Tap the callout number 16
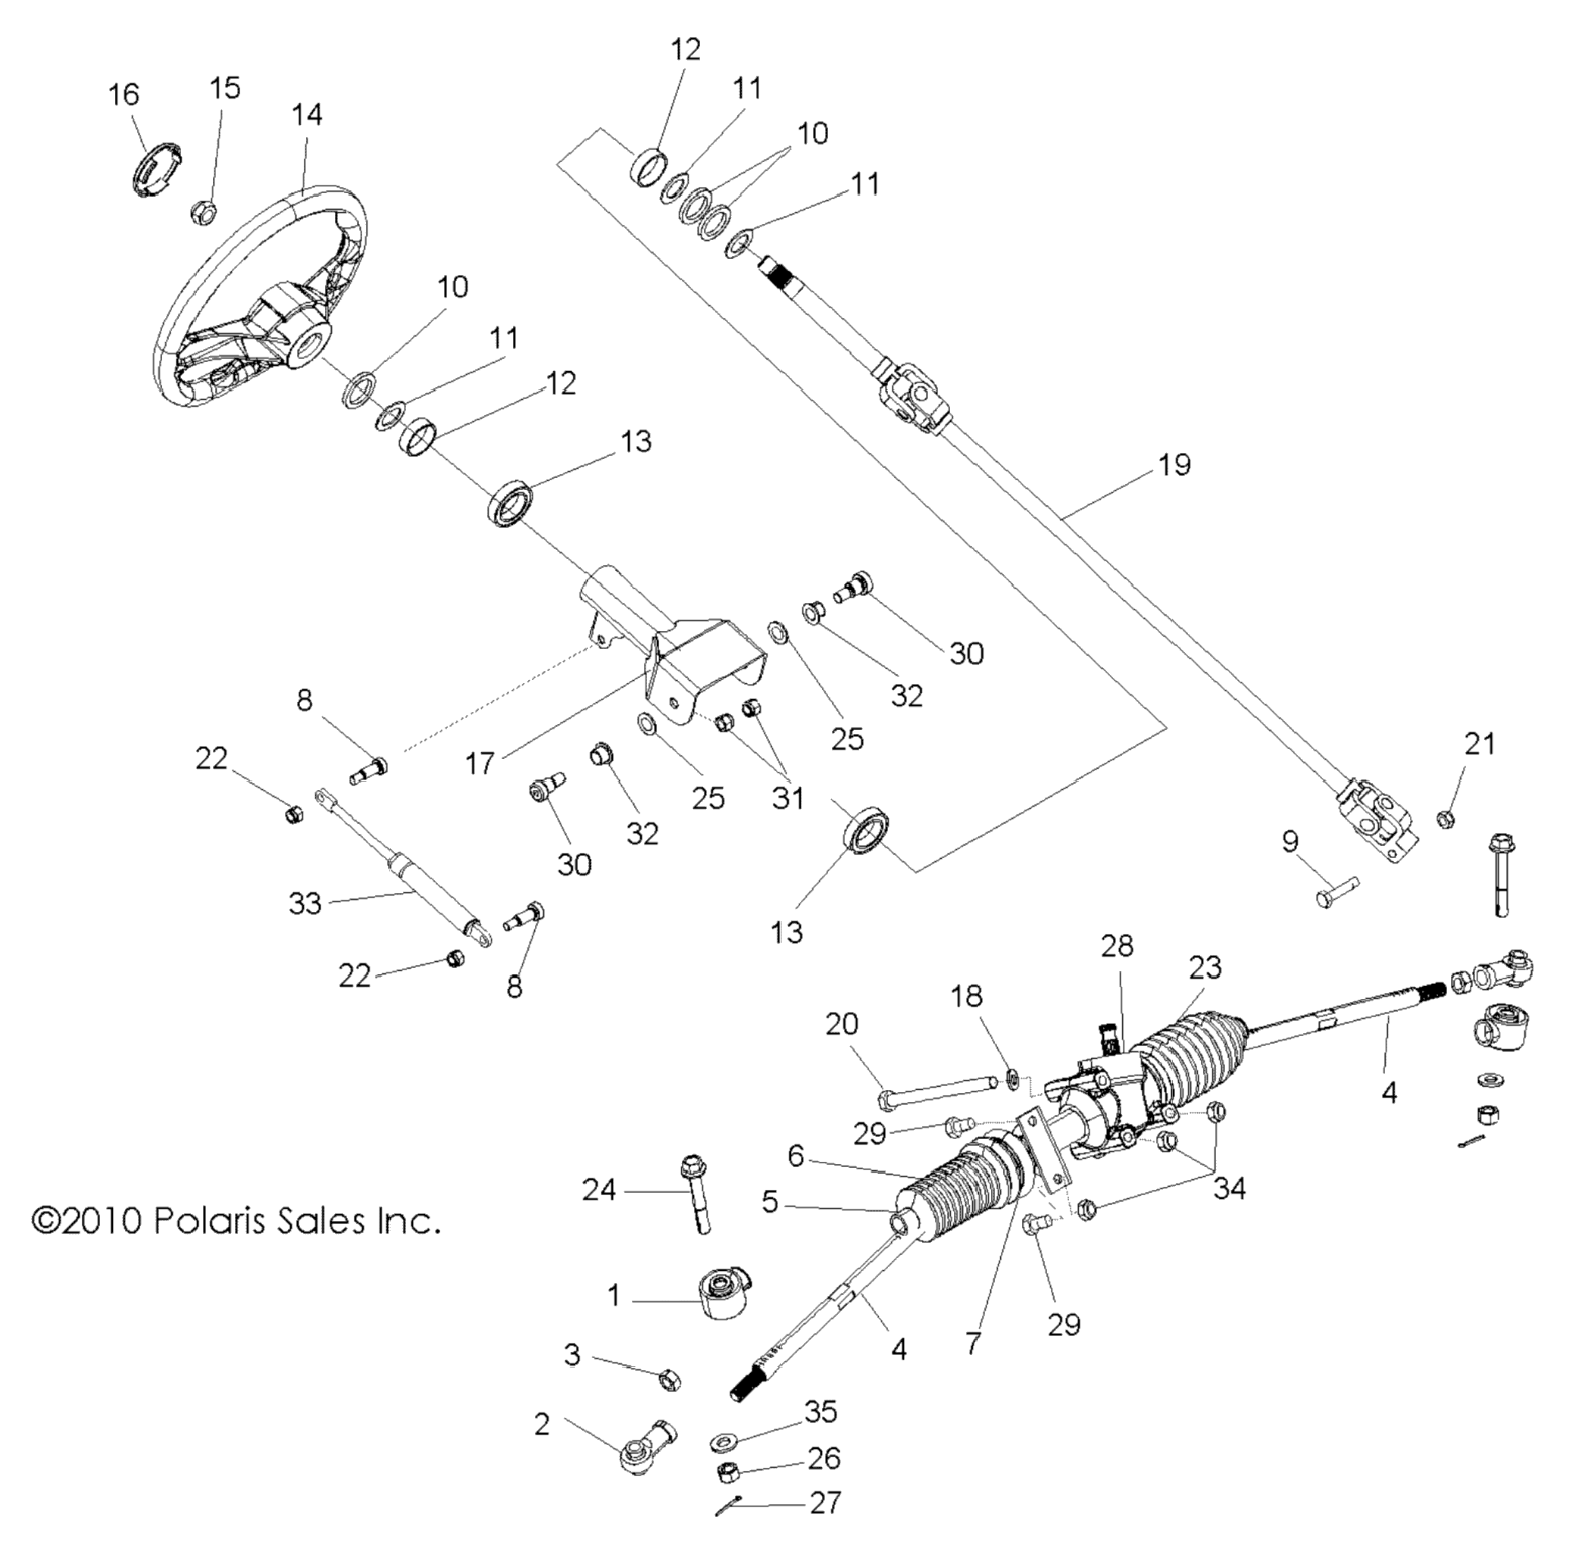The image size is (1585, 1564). click(x=124, y=95)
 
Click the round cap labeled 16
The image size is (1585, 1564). click(x=158, y=169)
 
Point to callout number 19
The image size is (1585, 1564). click(x=1174, y=465)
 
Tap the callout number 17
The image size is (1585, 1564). click(x=480, y=764)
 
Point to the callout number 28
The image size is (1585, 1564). click(x=1118, y=946)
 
